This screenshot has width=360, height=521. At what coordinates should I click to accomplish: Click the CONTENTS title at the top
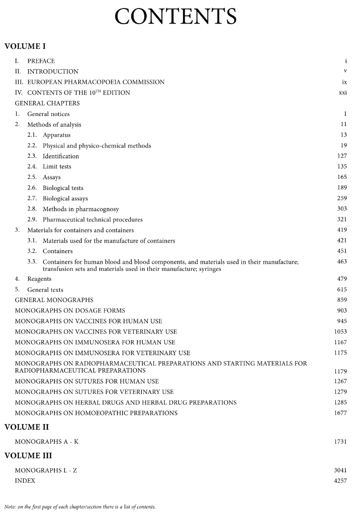click(175, 17)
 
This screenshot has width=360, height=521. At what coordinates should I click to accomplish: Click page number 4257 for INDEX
click(340, 481)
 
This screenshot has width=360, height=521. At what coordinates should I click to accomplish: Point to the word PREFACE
click(41, 61)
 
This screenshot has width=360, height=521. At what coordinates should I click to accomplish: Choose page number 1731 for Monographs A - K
click(340, 442)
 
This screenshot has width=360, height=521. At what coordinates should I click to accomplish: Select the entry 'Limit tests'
click(57, 166)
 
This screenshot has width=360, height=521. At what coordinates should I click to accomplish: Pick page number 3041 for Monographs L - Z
click(340, 470)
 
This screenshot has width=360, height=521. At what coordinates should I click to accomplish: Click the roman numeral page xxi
click(343, 92)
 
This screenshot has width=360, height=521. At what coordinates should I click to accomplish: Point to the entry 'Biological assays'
click(65, 198)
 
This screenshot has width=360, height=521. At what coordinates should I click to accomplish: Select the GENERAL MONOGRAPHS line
click(54, 300)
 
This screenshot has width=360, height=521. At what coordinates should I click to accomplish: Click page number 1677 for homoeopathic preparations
click(340, 413)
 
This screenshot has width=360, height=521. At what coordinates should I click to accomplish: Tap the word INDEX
click(25, 481)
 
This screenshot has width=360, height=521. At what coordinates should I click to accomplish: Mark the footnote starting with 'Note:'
click(80, 506)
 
